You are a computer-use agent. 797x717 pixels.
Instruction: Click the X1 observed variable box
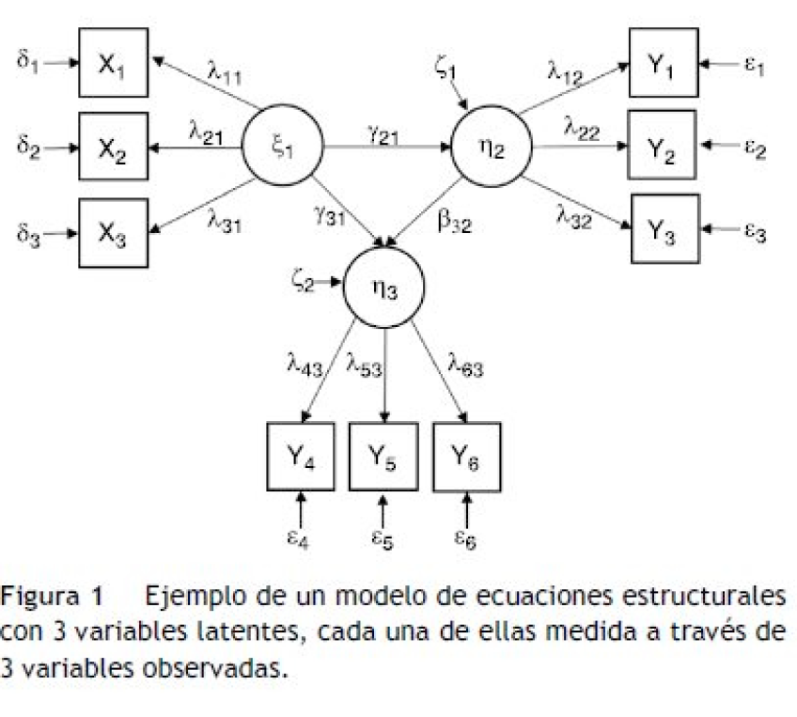(113, 63)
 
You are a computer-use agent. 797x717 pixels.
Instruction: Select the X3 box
(113, 233)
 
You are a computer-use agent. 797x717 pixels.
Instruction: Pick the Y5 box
(383, 457)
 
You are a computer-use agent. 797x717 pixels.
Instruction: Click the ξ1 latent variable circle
(282, 148)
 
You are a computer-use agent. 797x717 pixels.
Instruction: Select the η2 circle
(492, 148)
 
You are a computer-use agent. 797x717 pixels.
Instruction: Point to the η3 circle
(383, 288)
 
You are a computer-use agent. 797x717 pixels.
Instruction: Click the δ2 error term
(29, 148)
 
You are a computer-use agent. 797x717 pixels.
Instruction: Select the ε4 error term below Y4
(300, 538)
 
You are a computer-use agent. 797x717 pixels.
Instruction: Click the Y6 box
(466, 457)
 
